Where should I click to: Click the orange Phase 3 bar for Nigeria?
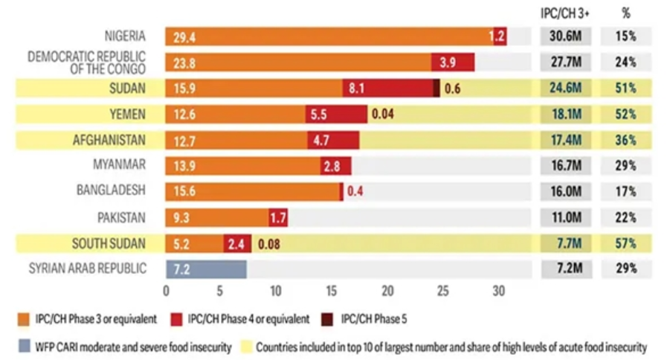pos(329,36)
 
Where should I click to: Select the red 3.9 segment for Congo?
pos(453,62)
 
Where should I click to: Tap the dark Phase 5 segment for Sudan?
pos(436,88)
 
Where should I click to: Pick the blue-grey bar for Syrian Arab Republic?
pos(206,269)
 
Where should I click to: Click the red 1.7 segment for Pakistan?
pos(278,218)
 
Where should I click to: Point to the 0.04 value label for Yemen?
pos(382,114)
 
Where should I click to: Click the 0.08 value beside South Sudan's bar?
pos(269,244)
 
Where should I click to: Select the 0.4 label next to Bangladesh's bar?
pos(355,191)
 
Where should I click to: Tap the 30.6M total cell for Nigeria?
pos(566,36)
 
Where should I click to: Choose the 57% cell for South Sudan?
pos(626,244)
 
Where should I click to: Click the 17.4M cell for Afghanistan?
pos(566,140)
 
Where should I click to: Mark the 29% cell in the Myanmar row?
pos(626,166)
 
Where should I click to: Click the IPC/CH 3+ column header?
pos(565,13)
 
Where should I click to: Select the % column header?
pos(626,13)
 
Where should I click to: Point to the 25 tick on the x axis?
pos(442,291)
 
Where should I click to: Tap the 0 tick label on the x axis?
pos(166,291)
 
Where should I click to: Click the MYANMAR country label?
pos(119,164)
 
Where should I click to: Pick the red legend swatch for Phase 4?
pos(176,320)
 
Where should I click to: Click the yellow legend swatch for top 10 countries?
pos(246,347)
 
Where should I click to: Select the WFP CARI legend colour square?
pos(25,347)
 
